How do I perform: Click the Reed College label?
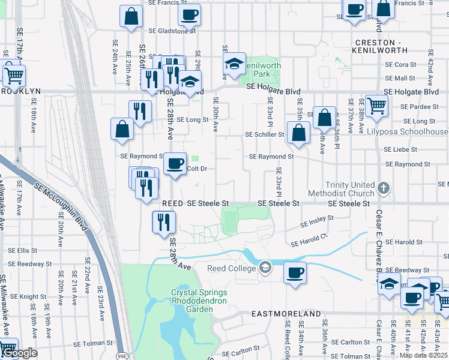coord(231,268)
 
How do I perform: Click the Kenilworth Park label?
coord(261,68)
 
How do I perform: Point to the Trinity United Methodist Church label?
coord(340,189)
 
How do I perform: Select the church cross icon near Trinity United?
coord(384,189)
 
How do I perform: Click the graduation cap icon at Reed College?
coord(264,268)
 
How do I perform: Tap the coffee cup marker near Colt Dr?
coord(175,164)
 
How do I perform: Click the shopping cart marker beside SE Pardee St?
coord(377,106)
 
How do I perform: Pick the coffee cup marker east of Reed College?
coord(294,272)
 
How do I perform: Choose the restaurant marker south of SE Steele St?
coord(163,222)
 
